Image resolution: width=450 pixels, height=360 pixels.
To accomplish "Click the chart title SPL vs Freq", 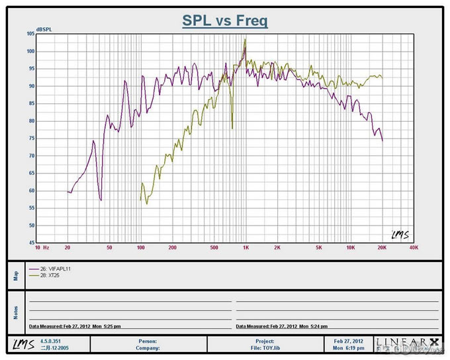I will point(225,21).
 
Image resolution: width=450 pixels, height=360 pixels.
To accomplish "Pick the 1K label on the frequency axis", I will point(246,249).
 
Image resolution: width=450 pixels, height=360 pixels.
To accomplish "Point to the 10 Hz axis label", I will point(42,249).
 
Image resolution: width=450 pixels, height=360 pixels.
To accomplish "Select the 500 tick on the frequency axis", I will point(214,249).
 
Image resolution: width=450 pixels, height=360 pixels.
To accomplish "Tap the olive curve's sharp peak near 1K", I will point(245,40).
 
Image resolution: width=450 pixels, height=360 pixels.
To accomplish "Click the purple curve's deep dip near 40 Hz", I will point(101,199).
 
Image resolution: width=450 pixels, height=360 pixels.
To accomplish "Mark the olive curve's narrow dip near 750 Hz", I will point(232,128).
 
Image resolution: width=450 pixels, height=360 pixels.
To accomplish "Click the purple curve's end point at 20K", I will point(382,140).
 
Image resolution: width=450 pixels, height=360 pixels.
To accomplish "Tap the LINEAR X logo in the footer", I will point(406,343).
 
